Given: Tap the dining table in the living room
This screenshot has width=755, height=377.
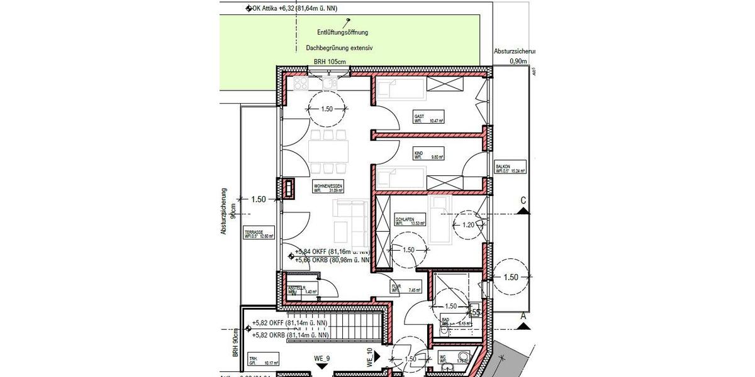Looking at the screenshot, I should [x=329, y=151].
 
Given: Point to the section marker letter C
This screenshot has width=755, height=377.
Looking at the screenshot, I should [x=522, y=200].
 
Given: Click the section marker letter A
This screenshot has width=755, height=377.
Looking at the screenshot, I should [x=522, y=318].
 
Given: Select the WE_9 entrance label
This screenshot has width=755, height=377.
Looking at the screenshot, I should [x=323, y=359].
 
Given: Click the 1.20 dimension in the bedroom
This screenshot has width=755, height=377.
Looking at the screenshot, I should [x=467, y=224].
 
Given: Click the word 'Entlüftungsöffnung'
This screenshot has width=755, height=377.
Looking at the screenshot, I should [x=342, y=32].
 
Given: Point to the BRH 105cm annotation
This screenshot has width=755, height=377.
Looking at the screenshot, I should [x=330, y=62].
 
